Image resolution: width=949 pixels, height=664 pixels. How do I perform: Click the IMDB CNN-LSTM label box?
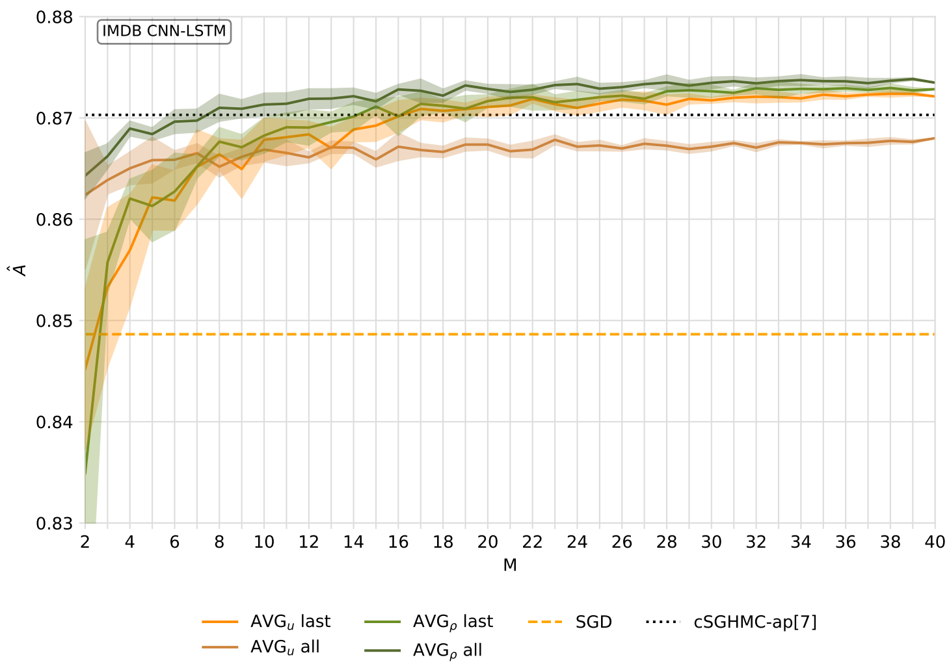point(164,31)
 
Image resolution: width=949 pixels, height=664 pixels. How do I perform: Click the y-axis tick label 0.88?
point(54,17)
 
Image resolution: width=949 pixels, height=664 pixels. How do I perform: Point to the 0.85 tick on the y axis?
point(54,321)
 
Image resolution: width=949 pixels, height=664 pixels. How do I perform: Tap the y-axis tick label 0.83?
point(54,524)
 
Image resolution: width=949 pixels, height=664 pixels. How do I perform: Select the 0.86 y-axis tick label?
point(54,220)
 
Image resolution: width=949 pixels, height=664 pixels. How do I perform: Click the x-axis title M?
point(510,566)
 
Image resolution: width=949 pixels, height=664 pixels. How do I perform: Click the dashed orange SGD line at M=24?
point(577,335)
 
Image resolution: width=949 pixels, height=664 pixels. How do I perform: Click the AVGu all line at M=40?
point(935,138)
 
